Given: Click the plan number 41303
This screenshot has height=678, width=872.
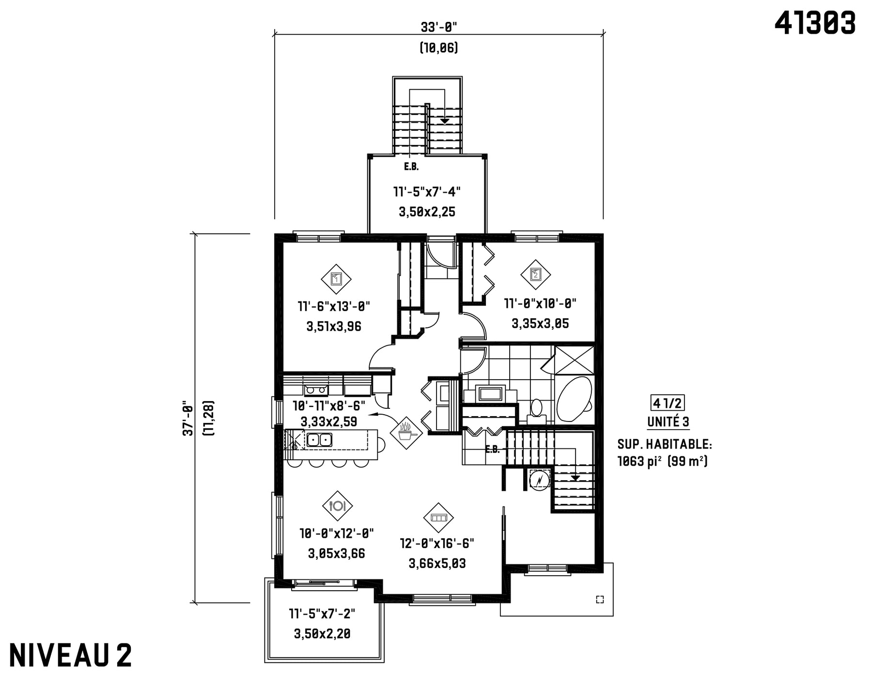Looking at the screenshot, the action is pos(815,23).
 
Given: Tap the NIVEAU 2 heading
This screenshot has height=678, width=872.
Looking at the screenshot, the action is pos(70,655).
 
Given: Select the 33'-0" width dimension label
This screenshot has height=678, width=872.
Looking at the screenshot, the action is pos(439,27).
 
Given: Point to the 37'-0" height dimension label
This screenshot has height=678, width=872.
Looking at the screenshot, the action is pos(187,418).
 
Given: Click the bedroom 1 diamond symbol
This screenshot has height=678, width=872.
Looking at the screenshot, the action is pos(336,279).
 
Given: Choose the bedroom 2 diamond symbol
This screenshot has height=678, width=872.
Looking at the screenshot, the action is pos(535,274).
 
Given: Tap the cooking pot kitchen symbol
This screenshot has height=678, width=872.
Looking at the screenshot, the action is pos(405,433).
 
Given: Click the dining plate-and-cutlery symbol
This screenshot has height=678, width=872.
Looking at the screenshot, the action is pos(337,506).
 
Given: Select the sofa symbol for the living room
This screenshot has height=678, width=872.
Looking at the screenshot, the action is pos(438,517).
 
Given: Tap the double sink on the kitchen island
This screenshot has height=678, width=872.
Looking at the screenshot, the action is pos(319,440).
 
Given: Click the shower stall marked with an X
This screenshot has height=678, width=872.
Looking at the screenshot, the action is pos(574,360).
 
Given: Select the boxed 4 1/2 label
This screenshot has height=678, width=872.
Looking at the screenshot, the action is pos(668,403).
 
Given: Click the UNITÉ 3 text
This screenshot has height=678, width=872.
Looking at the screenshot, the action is pos(668,422).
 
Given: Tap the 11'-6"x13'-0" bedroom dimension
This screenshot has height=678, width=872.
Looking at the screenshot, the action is pos(334,306).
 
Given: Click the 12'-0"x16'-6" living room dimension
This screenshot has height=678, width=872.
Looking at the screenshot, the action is pos(437,544).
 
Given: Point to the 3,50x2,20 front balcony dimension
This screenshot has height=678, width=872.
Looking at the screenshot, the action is pos(322,633).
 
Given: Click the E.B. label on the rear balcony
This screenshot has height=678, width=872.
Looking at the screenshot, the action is pos(411,167).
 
